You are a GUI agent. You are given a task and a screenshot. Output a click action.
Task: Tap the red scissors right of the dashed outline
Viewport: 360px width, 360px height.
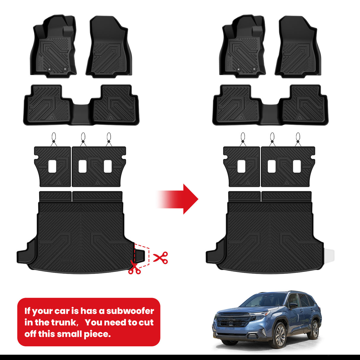coord(160,258)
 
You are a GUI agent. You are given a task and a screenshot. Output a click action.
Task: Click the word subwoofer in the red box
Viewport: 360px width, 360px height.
coord(130,311)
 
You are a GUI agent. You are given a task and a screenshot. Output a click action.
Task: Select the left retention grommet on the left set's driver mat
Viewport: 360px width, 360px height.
coord(49,69)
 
